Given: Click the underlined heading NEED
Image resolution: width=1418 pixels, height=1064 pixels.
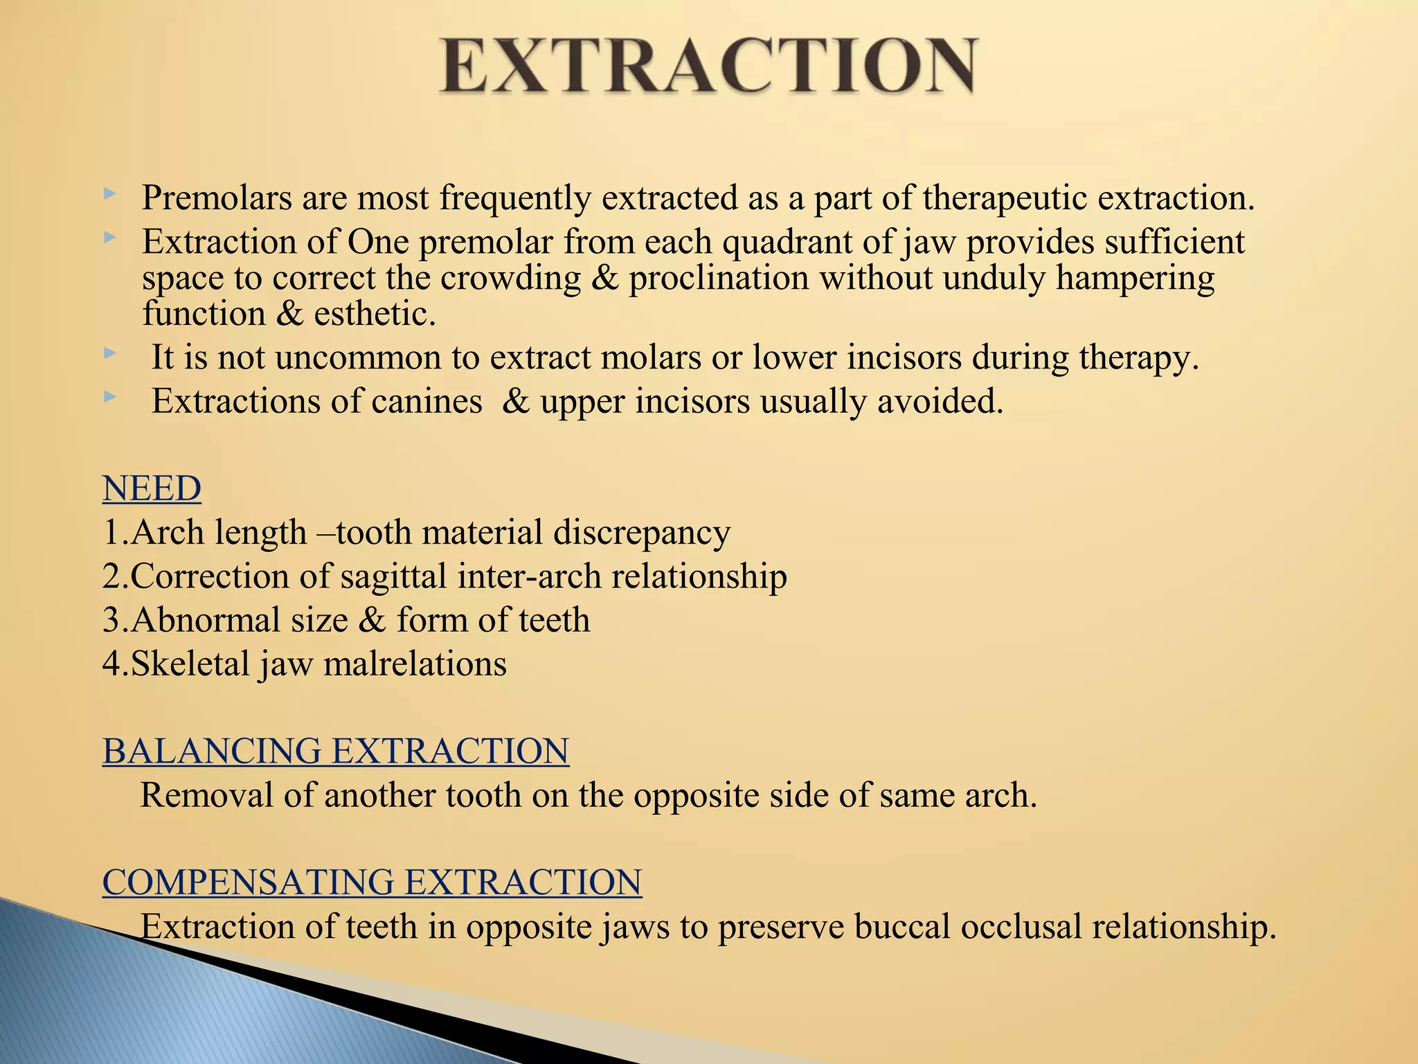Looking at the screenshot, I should click(152, 488).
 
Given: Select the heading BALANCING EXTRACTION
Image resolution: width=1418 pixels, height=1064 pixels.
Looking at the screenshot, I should click(336, 751).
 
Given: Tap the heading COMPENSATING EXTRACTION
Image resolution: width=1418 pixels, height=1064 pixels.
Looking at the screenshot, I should click(372, 883).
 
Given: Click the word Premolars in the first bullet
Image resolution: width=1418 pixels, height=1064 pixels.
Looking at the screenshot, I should click(217, 198).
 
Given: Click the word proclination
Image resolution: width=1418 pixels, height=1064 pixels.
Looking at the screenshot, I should click(719, 278).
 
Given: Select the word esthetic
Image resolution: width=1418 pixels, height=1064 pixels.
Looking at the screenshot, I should click(375, 314).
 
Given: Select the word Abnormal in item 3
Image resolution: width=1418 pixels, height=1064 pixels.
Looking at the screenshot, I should click(205, 620).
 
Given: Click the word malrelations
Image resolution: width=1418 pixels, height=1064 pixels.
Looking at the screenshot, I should click(415, 664).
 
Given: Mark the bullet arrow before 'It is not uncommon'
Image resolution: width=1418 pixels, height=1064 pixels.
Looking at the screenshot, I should click(109, 354).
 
